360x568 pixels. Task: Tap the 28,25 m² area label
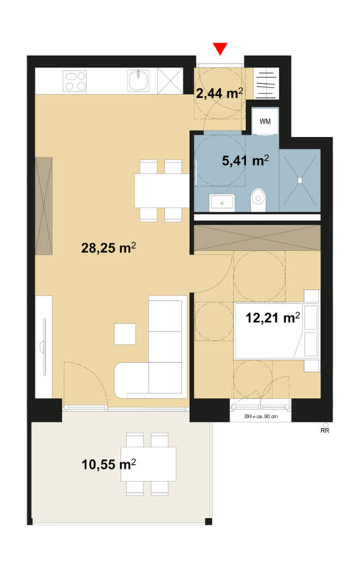(x=110, y=248)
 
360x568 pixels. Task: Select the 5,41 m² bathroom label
(x=245, y=158)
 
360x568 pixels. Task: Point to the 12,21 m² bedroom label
(x=272, y=318)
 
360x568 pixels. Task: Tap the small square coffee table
(x=125, y=335)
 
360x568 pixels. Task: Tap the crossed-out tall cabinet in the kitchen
(x=169, y=79)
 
